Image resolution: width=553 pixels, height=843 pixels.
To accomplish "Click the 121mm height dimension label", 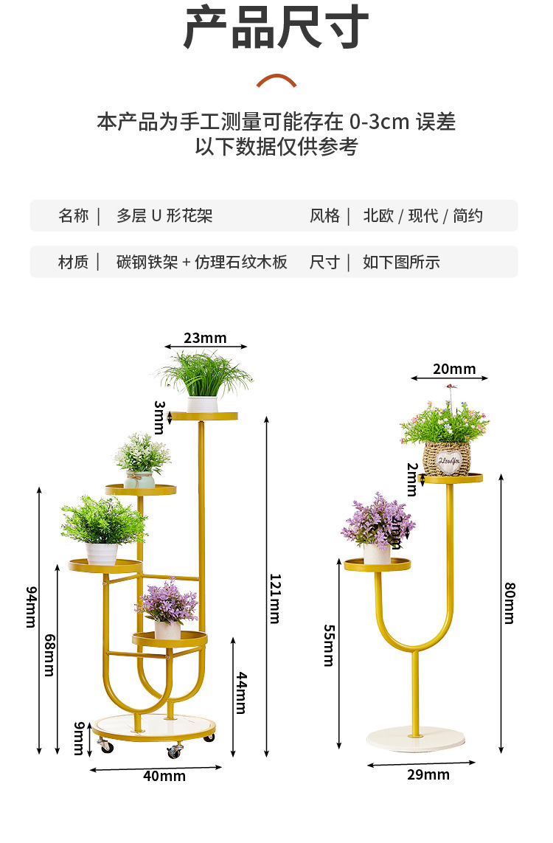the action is [x=274, y=598].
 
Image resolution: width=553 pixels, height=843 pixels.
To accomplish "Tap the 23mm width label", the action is [x=205, y=339].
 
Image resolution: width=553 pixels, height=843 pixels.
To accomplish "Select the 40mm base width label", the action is [x=164, y=776].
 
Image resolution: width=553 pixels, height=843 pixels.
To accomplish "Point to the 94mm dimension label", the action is [x=32, y=606].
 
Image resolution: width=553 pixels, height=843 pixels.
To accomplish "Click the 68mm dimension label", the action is [x=49, y=655].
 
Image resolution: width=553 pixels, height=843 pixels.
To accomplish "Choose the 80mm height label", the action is [x=509, y=603].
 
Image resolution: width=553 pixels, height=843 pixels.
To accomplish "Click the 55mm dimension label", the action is [x=329, y=645].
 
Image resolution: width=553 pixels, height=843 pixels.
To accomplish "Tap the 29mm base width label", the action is [x=428, y=774].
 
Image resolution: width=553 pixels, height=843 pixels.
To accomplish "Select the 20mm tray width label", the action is [x=453, y=369].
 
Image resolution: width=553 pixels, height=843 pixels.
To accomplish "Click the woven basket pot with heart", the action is [x=448, y=459].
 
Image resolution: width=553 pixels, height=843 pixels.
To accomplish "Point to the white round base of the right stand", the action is [x=417, y=739].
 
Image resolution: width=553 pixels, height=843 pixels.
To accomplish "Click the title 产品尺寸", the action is [x=276, y=28].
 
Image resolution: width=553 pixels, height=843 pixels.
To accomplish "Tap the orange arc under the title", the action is [x=276, y=80].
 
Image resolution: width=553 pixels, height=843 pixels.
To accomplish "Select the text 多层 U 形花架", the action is [x=164, y=216].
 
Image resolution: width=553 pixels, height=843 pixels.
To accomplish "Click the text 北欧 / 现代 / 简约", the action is [x=423, y=216].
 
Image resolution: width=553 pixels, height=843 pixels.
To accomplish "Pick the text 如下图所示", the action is [x=401, y=262].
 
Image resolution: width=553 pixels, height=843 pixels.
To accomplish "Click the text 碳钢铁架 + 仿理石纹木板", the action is [x=202, y=262].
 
